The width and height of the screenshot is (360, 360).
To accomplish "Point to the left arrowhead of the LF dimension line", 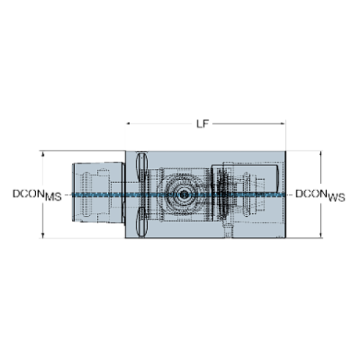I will point(128,123).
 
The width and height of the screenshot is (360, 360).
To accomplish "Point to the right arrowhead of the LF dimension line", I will point(285,123).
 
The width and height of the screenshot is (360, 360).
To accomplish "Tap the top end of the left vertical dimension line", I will point(41,152).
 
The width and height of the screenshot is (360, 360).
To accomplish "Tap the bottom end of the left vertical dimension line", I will point(41,238).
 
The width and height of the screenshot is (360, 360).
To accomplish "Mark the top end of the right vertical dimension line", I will point(321,152).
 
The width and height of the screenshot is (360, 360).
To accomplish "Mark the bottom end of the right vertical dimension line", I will point(321,238).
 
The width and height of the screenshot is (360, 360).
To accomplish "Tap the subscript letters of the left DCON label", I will point(54,198).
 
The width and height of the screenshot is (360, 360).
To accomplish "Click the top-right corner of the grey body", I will point(285,152).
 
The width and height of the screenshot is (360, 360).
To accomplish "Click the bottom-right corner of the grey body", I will point(285,238).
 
